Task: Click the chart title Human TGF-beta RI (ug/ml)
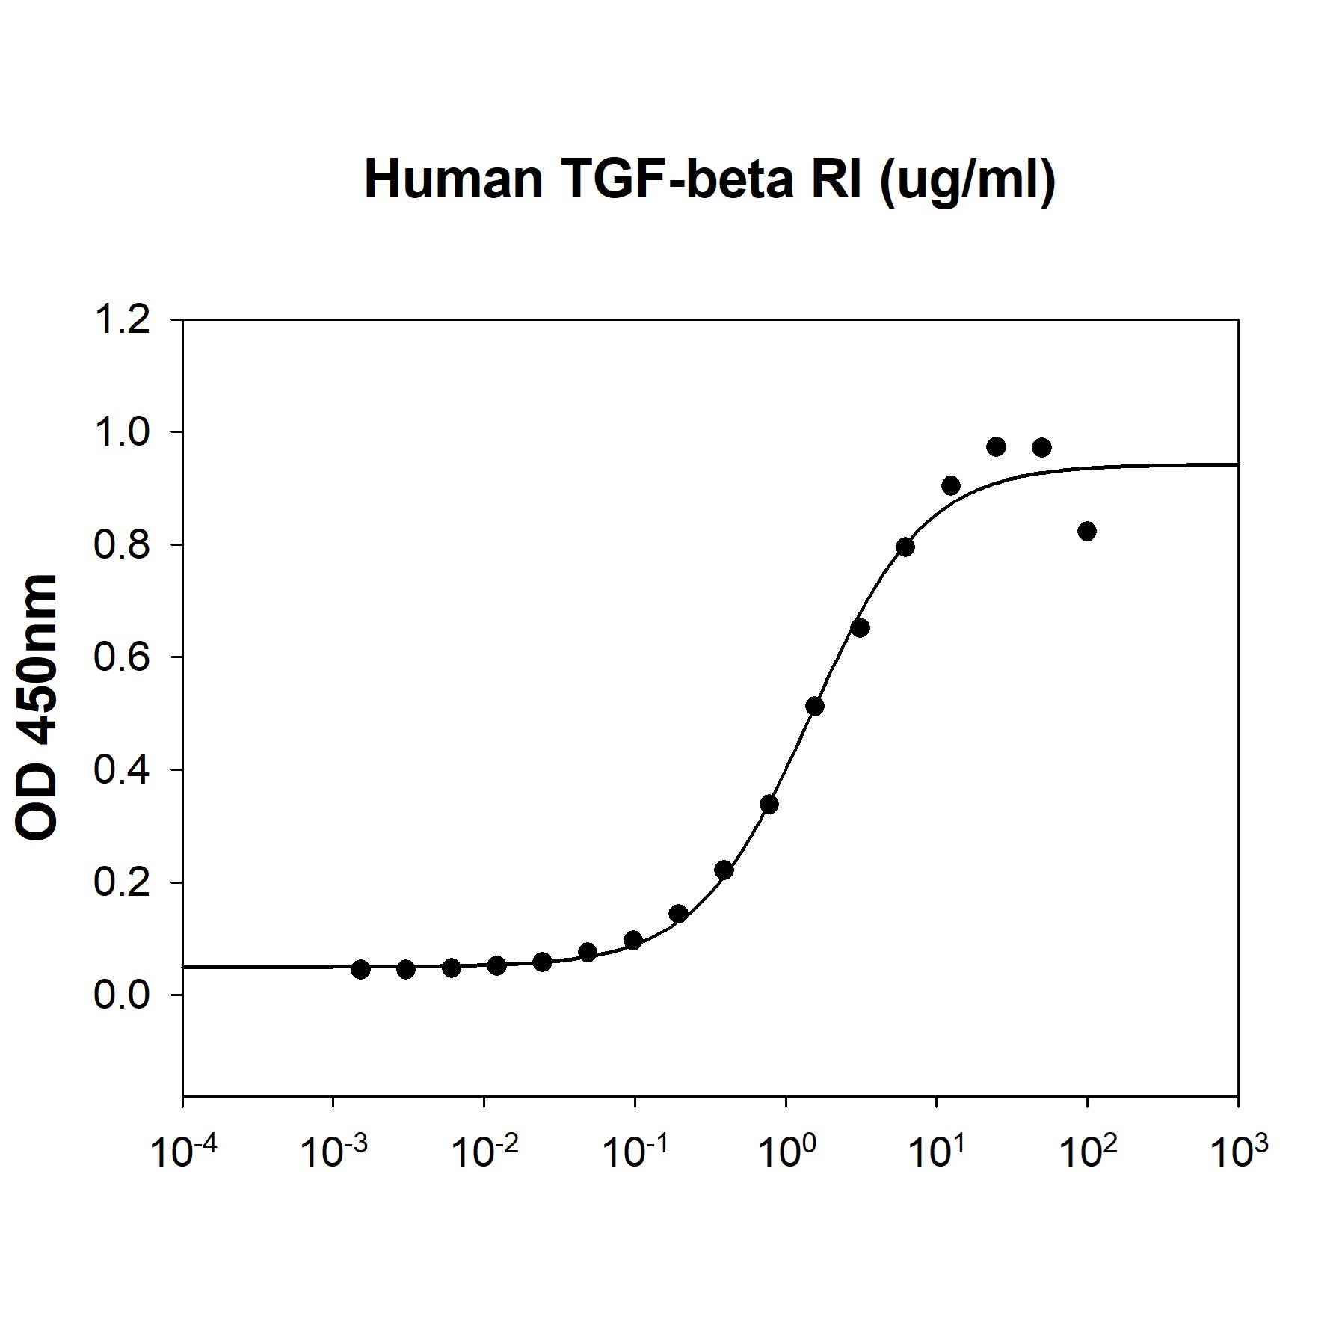[709, 179]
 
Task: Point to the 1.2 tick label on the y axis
[122, 320]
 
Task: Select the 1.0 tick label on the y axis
[122, 433]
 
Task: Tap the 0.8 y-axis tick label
[122, 545]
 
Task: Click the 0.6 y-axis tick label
[122, 658]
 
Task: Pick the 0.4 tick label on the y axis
[122, 770]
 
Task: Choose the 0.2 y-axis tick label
[122, 883]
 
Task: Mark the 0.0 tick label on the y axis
[122, 995]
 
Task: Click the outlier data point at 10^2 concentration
[1087, 532]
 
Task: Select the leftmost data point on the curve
[360, 970]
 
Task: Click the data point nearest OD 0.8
[905, 547]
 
